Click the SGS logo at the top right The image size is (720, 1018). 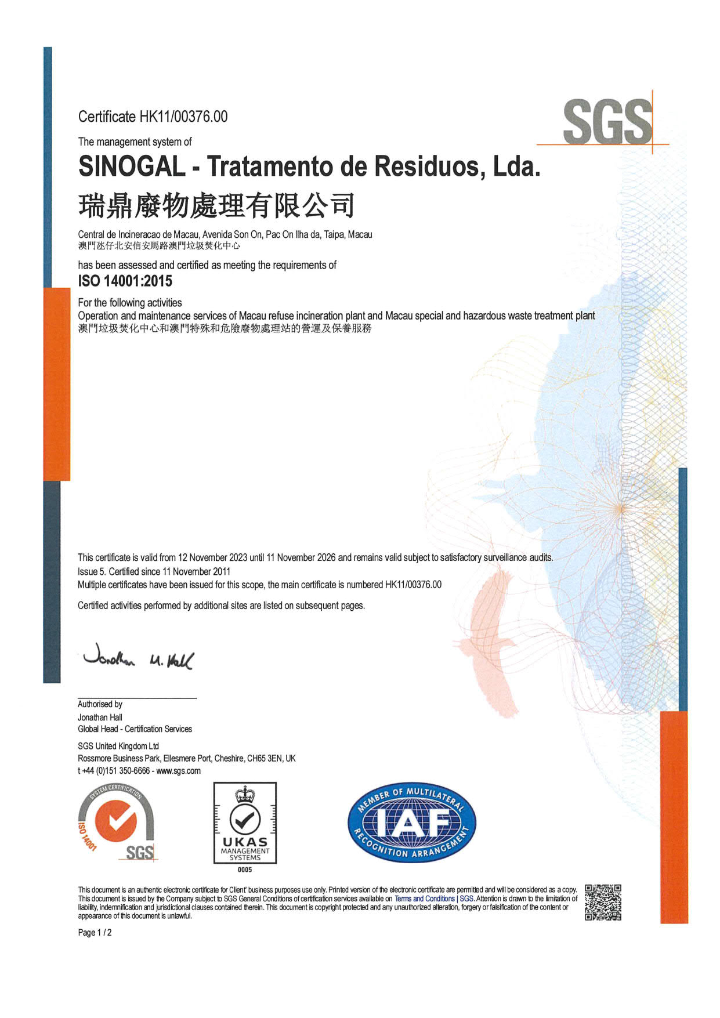607,122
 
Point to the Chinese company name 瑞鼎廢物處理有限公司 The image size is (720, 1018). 216,206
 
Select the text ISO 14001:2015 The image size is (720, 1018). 125,281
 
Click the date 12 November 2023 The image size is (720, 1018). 212,557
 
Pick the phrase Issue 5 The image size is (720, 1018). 92,571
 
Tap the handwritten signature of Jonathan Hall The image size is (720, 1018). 138,659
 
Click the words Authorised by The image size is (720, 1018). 100,704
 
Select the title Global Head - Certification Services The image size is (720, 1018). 135,729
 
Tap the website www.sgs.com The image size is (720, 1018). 178,771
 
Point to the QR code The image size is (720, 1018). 603,902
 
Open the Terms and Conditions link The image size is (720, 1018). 425,899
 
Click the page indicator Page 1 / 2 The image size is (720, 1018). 95,933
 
